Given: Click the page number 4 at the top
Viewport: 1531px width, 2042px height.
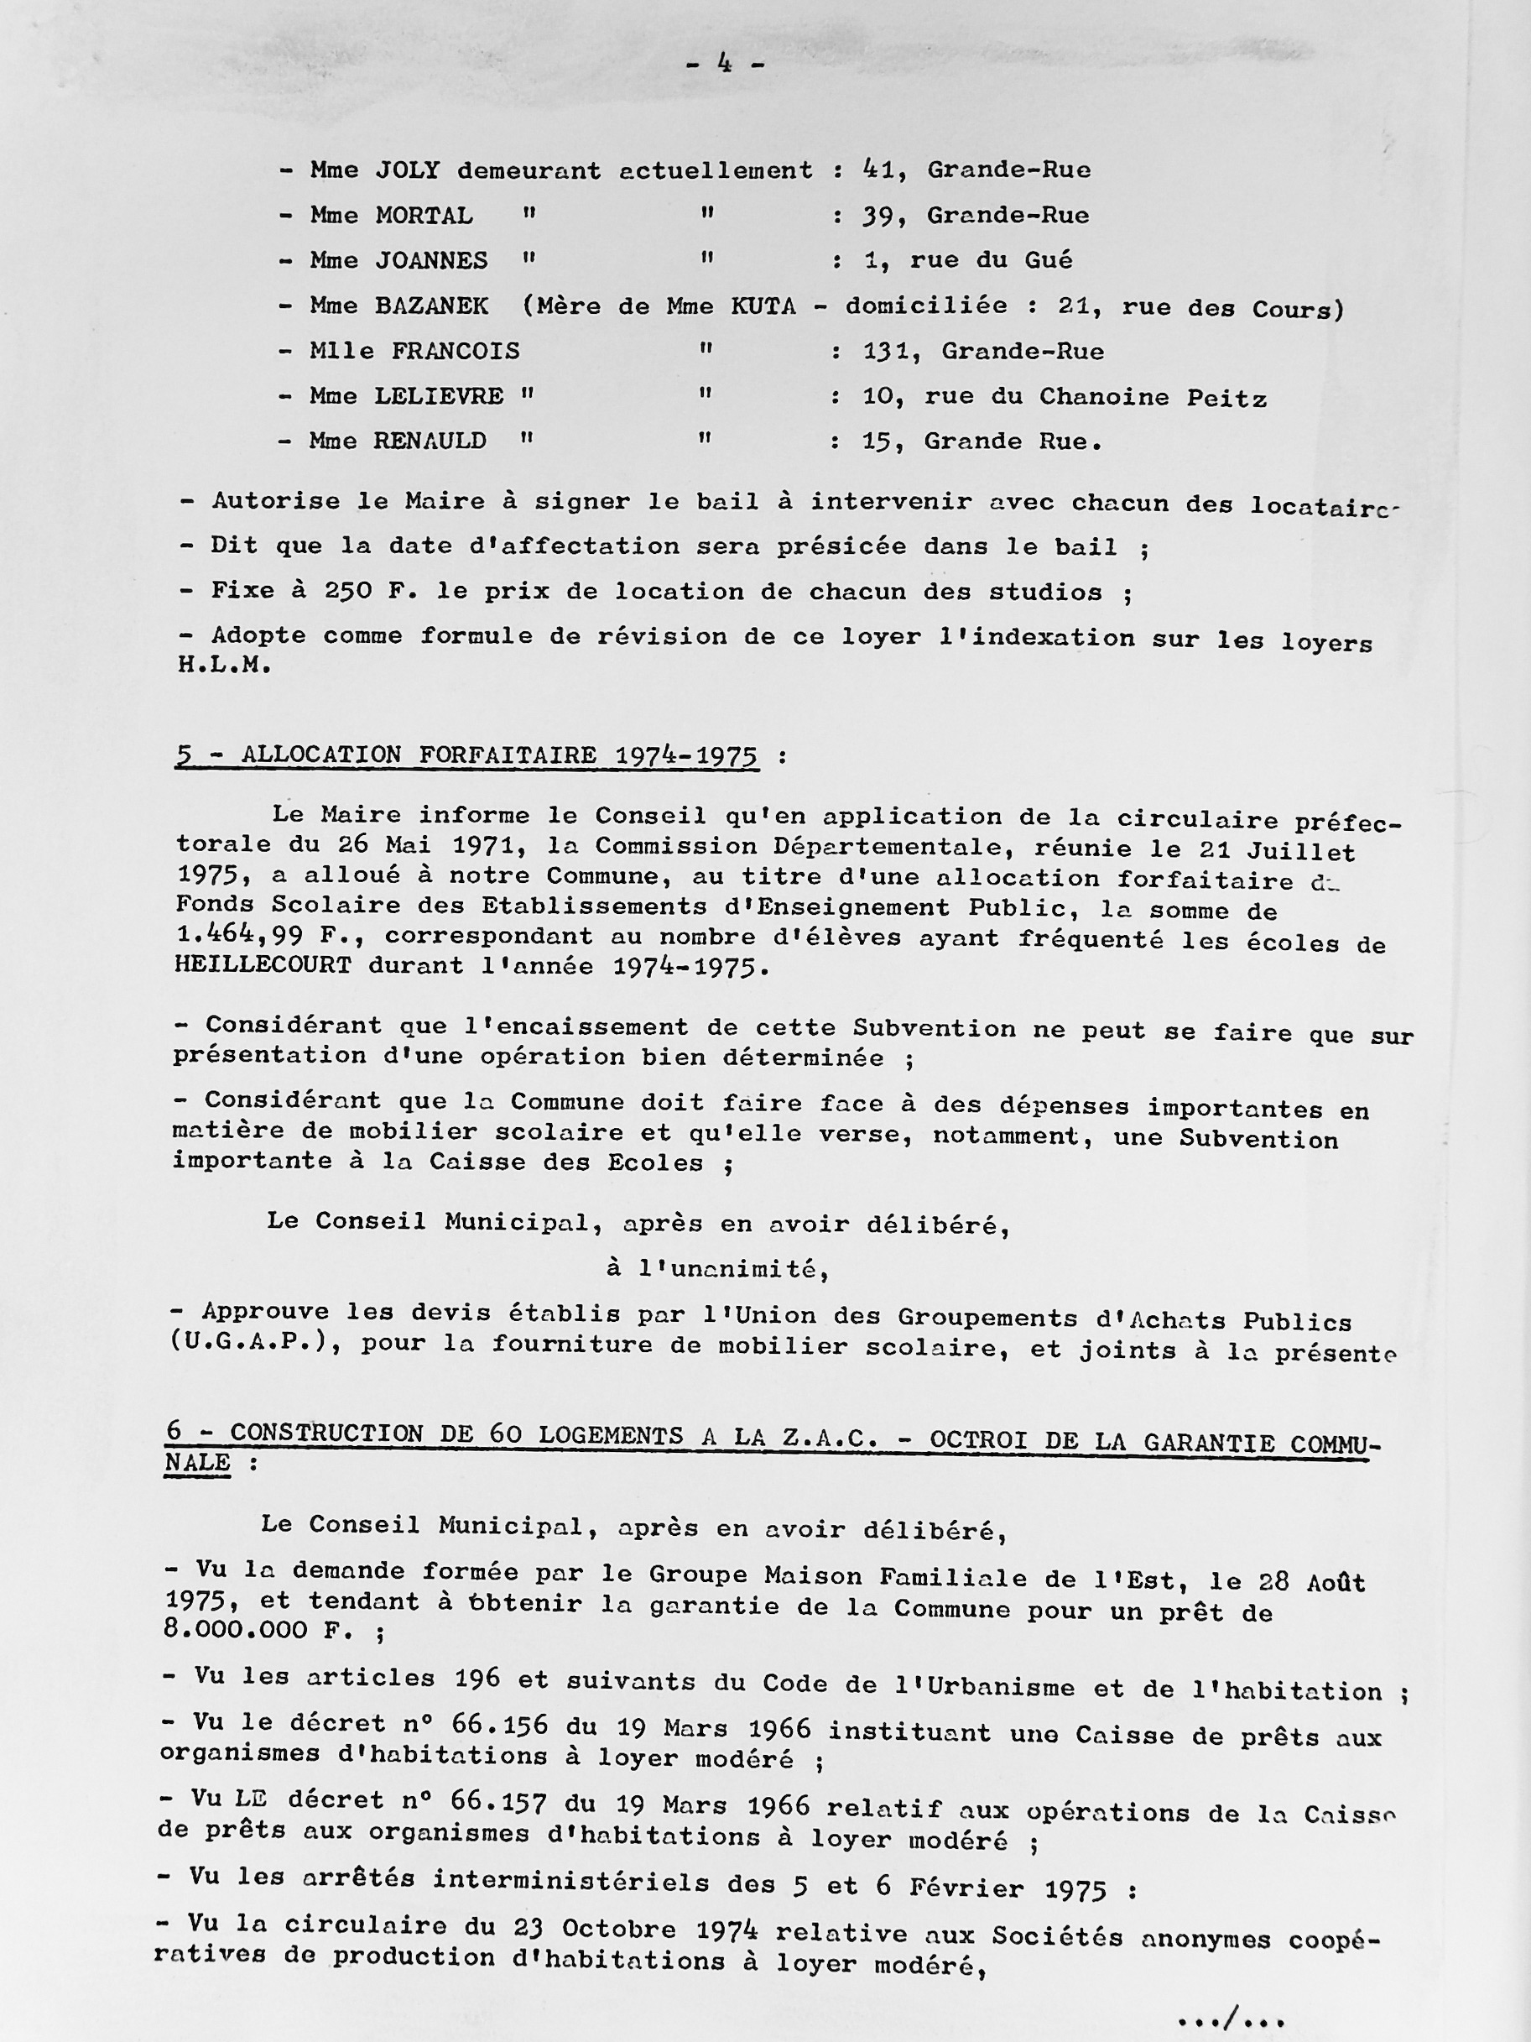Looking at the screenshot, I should (725, 65).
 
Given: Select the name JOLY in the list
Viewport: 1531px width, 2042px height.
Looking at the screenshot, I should (408, 170).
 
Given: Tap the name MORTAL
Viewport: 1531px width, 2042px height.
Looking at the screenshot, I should (424, 216).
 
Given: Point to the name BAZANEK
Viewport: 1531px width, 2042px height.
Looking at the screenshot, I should (431, 306).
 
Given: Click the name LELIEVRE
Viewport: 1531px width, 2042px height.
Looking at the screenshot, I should (439, 397).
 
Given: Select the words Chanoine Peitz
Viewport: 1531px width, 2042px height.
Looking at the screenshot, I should (1153, 398).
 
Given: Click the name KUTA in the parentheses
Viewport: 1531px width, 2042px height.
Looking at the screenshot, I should (763, 306).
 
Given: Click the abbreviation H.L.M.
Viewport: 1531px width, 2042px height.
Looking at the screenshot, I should (224, 665).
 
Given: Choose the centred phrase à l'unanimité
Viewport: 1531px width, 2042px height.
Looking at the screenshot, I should (718, 1269).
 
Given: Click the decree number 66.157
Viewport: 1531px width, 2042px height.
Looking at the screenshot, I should (498, 1800).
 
